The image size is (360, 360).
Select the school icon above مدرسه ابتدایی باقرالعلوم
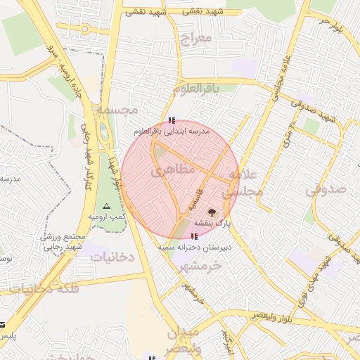pos(172,121)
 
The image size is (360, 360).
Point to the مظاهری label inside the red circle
pos(169,171)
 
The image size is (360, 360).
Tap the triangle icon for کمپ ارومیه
pos(107,206)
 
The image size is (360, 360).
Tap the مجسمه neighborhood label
pos(117,110)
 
